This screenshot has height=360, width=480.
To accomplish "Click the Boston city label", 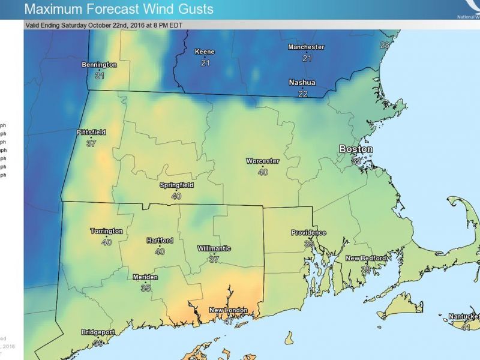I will pos(356,149).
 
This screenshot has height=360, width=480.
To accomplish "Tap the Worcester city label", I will pos(262,161).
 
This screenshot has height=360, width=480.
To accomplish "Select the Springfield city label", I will pos(176,185).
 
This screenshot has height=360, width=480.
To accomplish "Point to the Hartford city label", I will pos(160,241).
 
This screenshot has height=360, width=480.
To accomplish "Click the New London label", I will pos(228,310).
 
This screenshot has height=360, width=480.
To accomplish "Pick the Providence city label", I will pos(308,233).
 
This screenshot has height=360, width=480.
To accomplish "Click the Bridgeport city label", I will pos(99,332).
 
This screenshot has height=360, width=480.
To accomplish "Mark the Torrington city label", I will pos(106,231).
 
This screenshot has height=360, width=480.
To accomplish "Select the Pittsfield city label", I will pos(91,132).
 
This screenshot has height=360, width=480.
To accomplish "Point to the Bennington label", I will pos(99,65).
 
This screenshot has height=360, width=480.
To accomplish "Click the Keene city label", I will pos(205,52).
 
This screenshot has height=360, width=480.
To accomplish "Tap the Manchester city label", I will pos(306,47).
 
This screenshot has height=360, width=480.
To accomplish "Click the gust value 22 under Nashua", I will pos(303,94).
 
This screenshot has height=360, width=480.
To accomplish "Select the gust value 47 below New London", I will pos(229,321).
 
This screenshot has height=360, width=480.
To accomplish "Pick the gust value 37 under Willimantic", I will pos(214,260).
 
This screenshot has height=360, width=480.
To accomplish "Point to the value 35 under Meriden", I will pos(145,288).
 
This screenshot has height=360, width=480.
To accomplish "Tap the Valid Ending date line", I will pos(104,25).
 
